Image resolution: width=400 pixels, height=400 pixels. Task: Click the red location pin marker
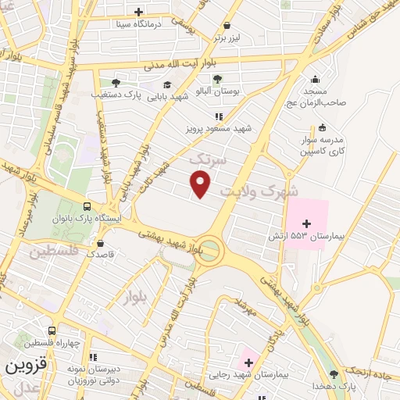202,183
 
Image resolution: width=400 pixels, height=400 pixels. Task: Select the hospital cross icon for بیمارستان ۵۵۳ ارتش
306,223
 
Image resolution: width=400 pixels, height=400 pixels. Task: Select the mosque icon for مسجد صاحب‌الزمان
314,79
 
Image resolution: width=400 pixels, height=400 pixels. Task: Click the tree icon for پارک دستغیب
116,82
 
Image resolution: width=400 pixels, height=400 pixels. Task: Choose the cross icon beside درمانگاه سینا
138,12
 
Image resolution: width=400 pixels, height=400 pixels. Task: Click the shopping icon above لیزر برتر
227,24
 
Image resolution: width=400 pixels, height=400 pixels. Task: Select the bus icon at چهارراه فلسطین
52,331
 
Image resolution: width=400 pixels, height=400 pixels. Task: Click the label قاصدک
101,254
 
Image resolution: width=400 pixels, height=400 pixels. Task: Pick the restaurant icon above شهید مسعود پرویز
208,116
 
